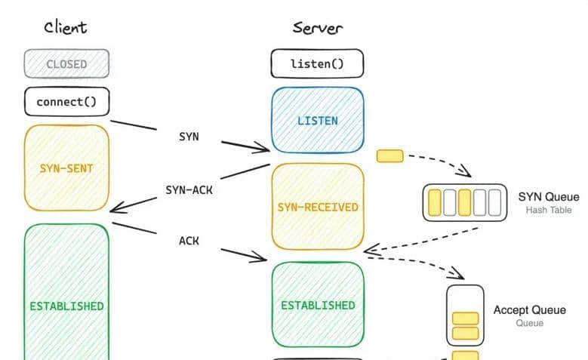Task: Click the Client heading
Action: (65, 28)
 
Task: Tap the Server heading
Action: (318, 29)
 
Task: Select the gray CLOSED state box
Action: (66, 64)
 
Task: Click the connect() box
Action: (66, 101)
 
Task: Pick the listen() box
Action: (317, 64)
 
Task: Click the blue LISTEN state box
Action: (318, 121)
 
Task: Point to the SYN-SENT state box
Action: (66, 168)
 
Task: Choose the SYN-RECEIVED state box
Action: (318, 207)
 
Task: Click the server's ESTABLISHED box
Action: (318, 305)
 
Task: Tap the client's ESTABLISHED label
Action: (66, 306)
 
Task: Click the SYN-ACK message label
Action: (189, 190)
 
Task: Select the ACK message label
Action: (189, 241)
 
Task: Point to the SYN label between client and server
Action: (189, 137)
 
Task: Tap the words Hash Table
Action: (549, 210)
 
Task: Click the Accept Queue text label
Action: (530, 310)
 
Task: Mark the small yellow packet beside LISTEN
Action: (390, 156)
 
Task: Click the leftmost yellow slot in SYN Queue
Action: (435, 202)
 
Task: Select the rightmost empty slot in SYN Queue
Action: (494, 202)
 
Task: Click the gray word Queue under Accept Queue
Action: (530, 323)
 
